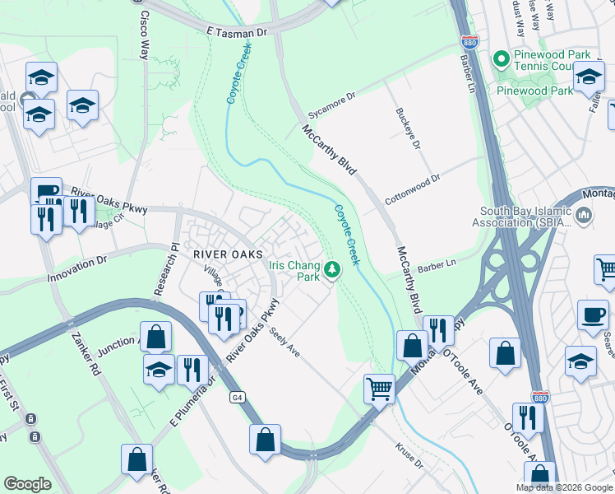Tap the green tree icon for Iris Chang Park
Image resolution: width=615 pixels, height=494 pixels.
click(x=332, y=269)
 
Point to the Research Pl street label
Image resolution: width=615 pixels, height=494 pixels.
click(x=162, y=270)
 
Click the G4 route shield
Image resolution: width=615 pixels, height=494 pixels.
click(x=237, y=397)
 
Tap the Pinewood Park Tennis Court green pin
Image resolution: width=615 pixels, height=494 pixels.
click(x=500, y=59)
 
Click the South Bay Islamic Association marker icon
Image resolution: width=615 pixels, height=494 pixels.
click(x=585, y=217)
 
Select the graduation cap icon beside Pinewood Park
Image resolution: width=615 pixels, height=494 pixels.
click(x=589, y=77)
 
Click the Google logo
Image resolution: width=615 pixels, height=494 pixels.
click(x=27, y=484)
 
